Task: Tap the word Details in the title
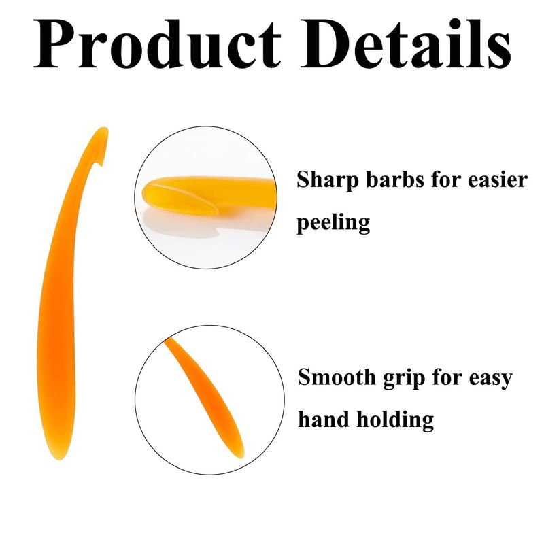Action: (x=405, y=43)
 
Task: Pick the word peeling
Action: (x=333, y=223)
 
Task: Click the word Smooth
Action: (x=337, y=377)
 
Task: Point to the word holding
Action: (x=396, y=420)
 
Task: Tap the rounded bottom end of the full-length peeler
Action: (x=59, y=458)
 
